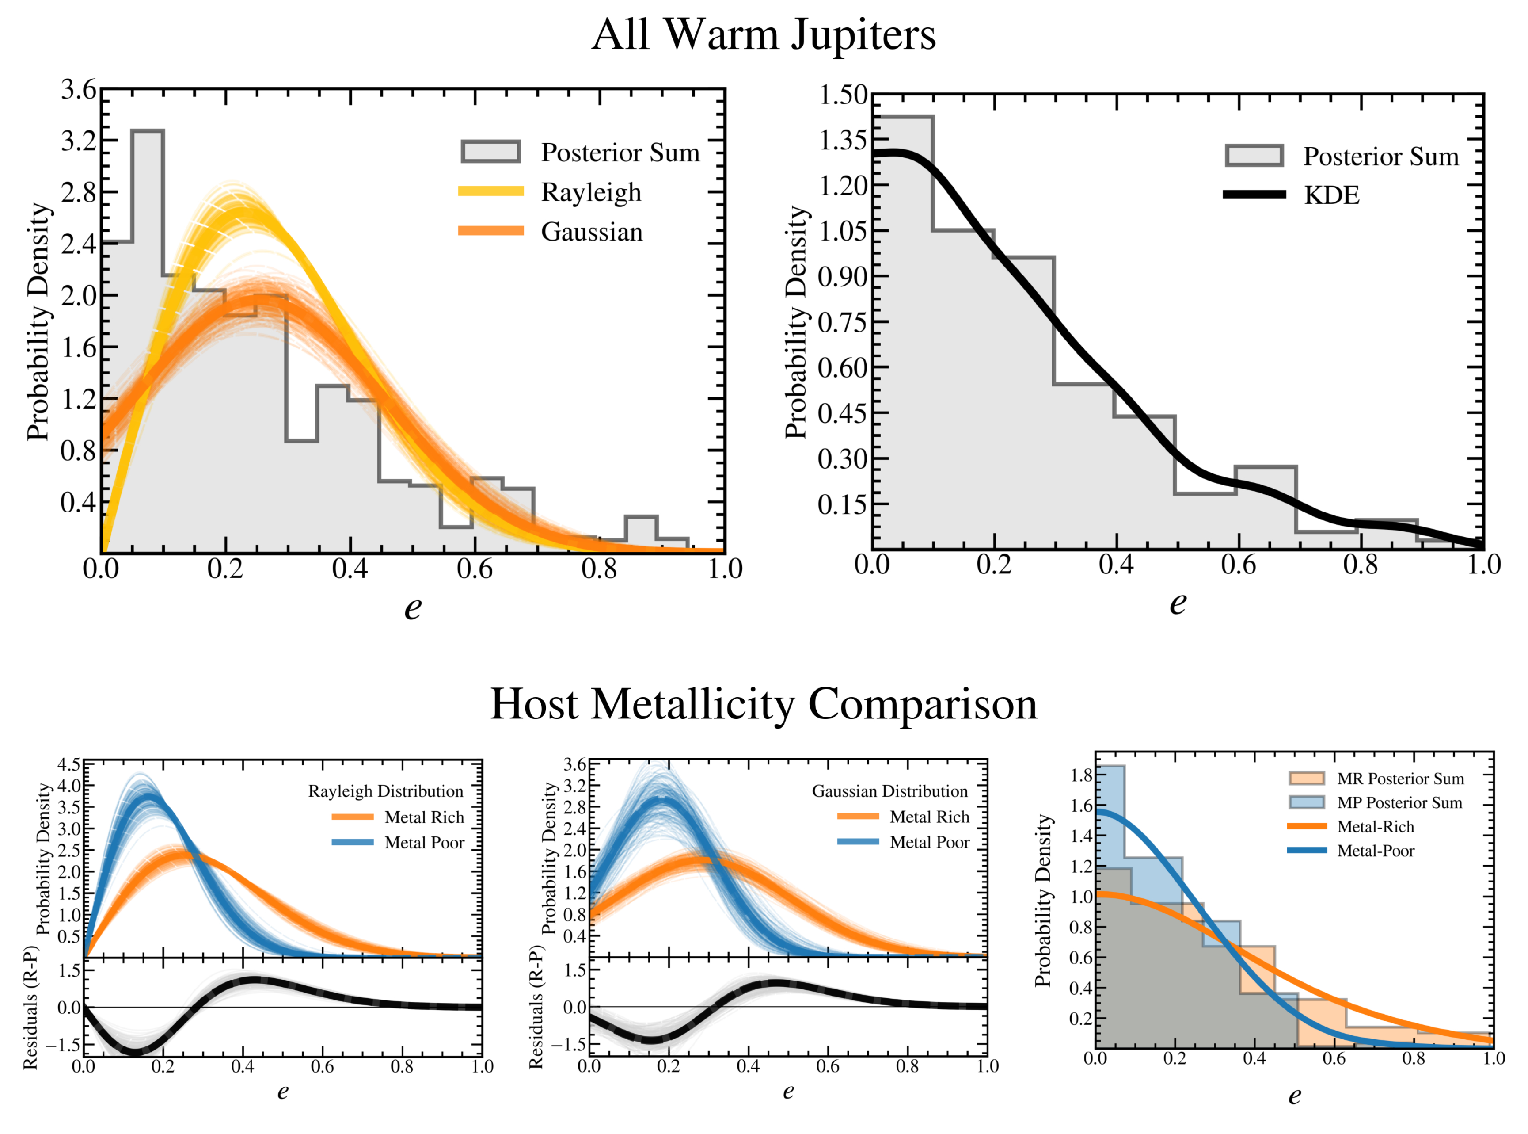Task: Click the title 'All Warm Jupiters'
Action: (x=763, y=34)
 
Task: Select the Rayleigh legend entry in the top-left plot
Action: (x=590, y=192)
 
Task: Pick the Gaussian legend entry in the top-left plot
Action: (x=591, y=232)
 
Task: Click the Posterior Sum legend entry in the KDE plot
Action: (x=1380, y=157)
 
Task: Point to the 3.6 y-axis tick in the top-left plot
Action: (x=79, y=89)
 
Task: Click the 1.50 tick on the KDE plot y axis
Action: (x=843, y=95)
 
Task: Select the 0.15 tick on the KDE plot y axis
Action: (x=843, y=504)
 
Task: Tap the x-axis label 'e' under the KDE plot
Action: (x=1178, y=603)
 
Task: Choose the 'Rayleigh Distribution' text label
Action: (x=386, y=791)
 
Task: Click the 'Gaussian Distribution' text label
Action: (x=890, y=791)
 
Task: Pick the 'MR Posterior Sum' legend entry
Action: (x=1400, y=779)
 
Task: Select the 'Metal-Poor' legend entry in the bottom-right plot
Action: (x=1375, y=851)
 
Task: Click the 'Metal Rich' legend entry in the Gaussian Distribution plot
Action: (x=929, y=817)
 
